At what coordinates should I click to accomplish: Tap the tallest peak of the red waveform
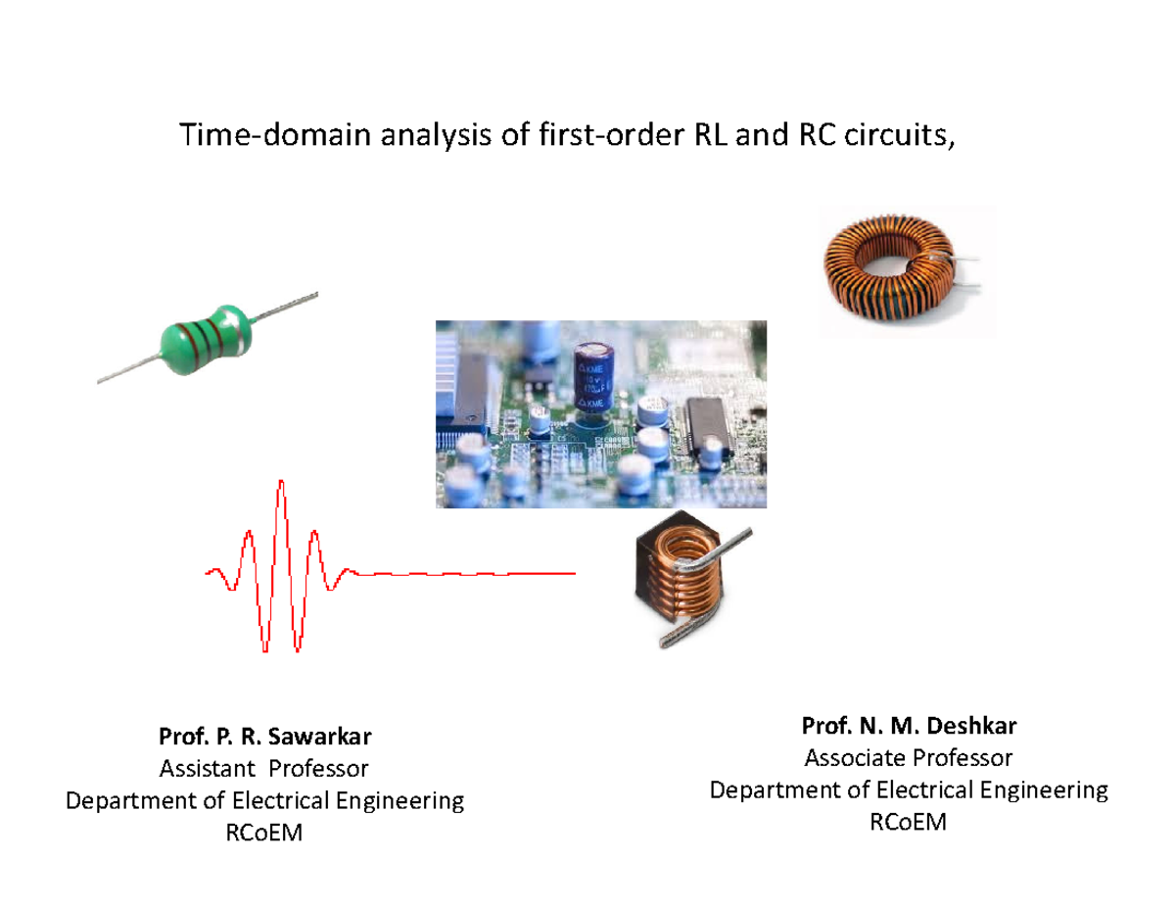coord(281,486)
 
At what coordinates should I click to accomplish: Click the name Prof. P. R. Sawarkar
coord(264,736)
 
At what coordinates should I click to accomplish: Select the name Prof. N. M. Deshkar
coord(909,726)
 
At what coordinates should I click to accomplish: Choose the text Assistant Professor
coord(264,768)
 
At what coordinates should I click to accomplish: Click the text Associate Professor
coord(909,758)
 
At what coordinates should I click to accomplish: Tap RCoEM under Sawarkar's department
coord(264,834)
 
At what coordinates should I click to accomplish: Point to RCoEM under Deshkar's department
coord(909,824)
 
